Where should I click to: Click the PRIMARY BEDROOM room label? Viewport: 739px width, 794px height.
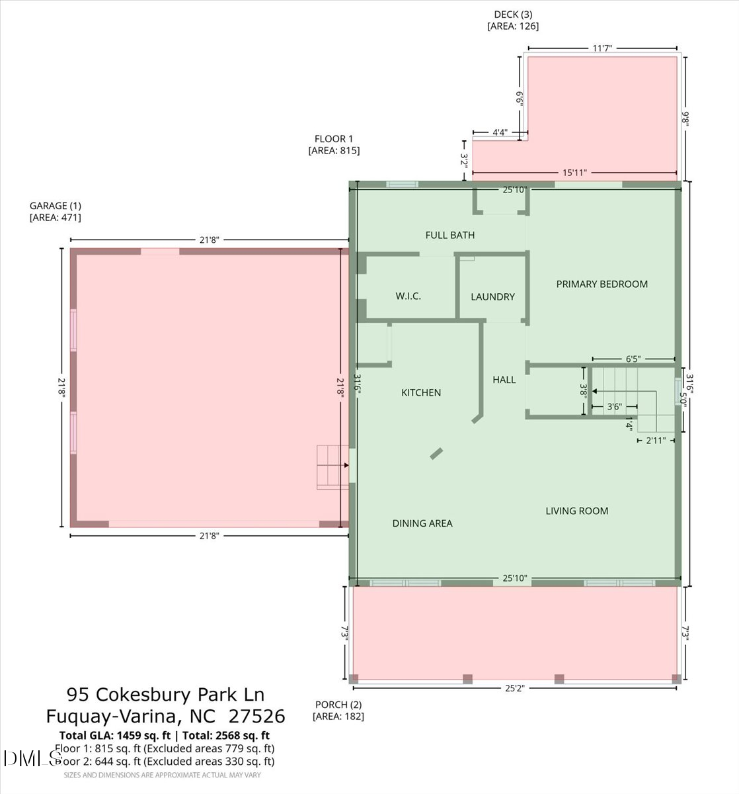pyautogui.click(x=602, y=284)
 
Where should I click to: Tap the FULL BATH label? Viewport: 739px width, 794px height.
pyautogui.click(x=449, y=235)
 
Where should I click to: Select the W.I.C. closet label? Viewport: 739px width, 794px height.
pyautogui.click(x=408, y=296)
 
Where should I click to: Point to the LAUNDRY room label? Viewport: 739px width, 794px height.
pyautogui.click(x=492, y=296)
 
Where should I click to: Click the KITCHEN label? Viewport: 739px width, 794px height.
pyautogui.click(x=421, y=392)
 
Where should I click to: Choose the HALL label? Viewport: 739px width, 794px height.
pyautogui.click(x=504, y=379)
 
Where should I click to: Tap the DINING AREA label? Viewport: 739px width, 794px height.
pyautogui.click(x=422, y=523)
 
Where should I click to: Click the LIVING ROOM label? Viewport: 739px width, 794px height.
pyautogui.click(x=576, y=510)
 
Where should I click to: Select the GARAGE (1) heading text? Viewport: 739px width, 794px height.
pyautogui.click(x=56, y=206)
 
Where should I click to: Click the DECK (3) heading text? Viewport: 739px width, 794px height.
pyautogui.click(x=513, y=15)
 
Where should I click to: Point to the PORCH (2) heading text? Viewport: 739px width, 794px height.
pyautogui.click(x=338, y=705)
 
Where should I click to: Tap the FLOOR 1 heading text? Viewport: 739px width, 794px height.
pyautogui.click(x=334, y=138)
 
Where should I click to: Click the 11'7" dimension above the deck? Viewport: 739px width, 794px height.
pyautogui.click(x=602, y=48)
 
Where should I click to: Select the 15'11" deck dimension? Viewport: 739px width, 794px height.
pyautogui.click(x=574, y=173)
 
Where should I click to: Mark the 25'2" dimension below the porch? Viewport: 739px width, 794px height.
pyautogui.click(x=515, y=688)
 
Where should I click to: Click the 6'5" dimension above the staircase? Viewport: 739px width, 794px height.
pyautogui.click(x=633, y=359)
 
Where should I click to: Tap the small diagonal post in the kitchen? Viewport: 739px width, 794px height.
pyautogui.click(x=437, y=453)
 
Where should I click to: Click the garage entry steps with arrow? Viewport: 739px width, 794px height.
pyautogui.click(x=332, y=466)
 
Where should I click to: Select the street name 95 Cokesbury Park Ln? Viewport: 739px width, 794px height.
pyautogui.click(x=165, y=694)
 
